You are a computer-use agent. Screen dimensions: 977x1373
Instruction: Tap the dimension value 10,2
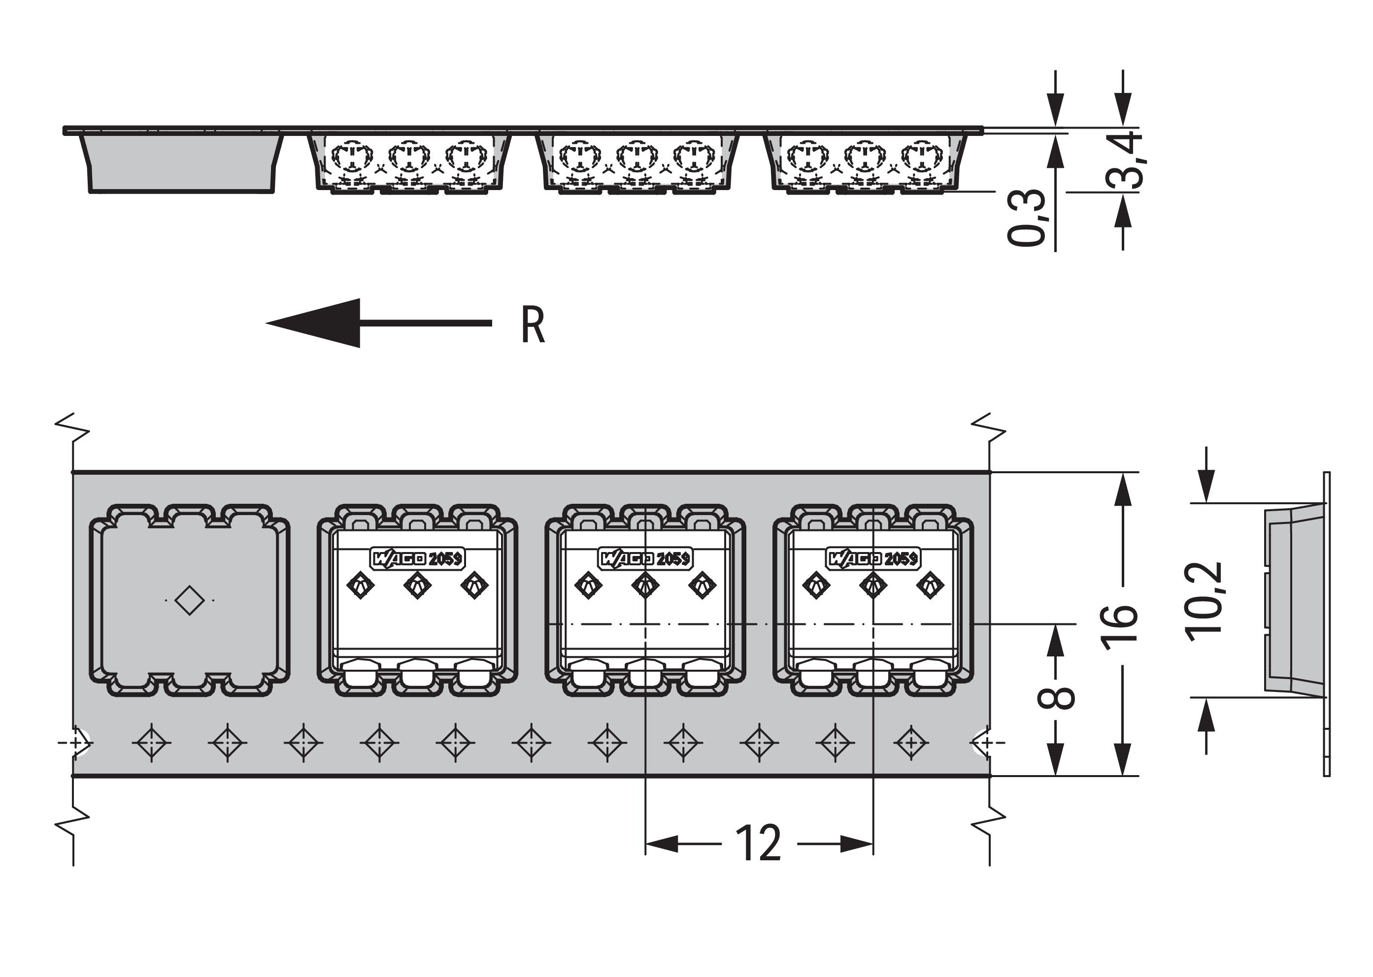(1204, 602)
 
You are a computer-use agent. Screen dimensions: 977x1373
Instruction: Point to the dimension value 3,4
(1124, 160)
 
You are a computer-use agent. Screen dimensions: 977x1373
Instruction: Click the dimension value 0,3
(1026, 218)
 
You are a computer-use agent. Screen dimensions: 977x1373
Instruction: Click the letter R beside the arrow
(533, 326)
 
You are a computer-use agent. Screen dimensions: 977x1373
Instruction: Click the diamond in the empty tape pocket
(189, 600)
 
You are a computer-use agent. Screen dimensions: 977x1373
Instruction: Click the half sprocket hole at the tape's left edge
(81, 743)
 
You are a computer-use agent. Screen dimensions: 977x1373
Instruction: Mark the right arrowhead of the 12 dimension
(857, 844)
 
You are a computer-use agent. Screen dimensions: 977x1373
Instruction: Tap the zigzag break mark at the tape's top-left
(72, 426)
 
